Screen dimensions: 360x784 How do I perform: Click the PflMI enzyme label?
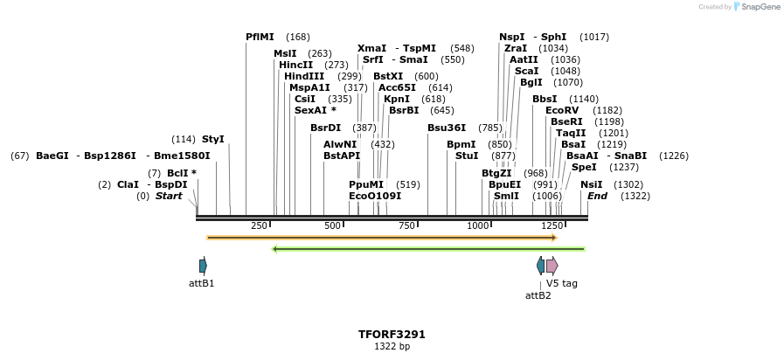[260, 37]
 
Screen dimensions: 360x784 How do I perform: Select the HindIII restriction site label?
[304, 76]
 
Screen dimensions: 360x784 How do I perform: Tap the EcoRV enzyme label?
[562, 110]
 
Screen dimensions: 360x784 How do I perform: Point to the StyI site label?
[213, 139]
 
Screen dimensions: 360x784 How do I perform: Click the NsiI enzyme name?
[592, 184]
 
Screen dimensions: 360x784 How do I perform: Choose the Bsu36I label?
[447, 128]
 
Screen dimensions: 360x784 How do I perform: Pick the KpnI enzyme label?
[396, 99]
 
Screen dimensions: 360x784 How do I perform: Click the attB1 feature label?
[202, 283]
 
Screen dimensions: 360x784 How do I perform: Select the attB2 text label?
[538, 295]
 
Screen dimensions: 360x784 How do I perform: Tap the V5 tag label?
[562, 283]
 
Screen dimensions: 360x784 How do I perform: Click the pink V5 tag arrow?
[552, 266]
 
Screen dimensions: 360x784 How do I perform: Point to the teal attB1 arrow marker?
[203, 266]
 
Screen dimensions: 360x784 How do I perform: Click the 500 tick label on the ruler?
[332, 226]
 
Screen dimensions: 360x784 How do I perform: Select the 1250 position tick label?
[552, 226]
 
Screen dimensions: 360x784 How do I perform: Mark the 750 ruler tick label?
[406, 226]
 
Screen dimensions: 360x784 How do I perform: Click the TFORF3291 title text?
[392, 334]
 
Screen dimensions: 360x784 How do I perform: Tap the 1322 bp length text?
[392, 347]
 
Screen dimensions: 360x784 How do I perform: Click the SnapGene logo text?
[760, 7]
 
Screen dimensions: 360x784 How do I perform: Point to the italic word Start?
[169, 196]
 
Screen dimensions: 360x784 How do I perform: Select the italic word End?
[598, 196]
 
